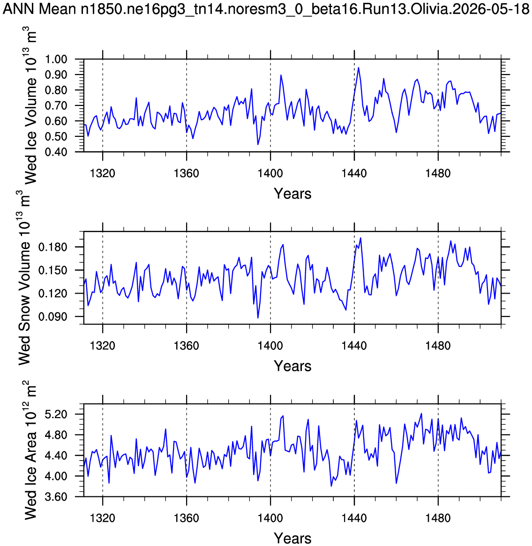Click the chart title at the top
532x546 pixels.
[x=266, y=9]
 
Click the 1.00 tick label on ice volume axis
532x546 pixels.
[x=56, y=59]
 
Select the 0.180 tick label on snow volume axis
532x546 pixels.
[x=53, y=247]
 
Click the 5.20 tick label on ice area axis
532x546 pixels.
[x=56, y=414]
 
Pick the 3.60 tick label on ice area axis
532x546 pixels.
[x=56, y=496]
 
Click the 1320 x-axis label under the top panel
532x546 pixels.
[x=103, y=173]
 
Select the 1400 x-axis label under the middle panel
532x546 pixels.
[x=270, y=346]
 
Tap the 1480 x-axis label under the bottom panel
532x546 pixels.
[x=438, y=518]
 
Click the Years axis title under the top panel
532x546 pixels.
[x=292, y=193]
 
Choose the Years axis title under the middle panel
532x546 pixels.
[x=292, y=366]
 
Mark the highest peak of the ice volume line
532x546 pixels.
[x=359, y=67]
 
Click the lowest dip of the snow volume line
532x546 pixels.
[x=258, y=318]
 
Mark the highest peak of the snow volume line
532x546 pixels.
[x=360, y=238]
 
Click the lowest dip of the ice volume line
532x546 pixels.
[x=258, y=145]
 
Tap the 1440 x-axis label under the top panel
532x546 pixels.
[x=354, y=173]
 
